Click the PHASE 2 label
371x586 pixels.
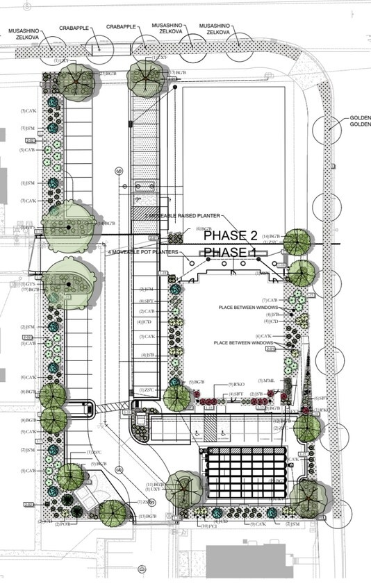231,236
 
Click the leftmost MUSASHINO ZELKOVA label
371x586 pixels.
26,35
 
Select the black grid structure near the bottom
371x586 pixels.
247,469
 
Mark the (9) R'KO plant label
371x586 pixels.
238,384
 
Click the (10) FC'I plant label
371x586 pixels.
210,526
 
